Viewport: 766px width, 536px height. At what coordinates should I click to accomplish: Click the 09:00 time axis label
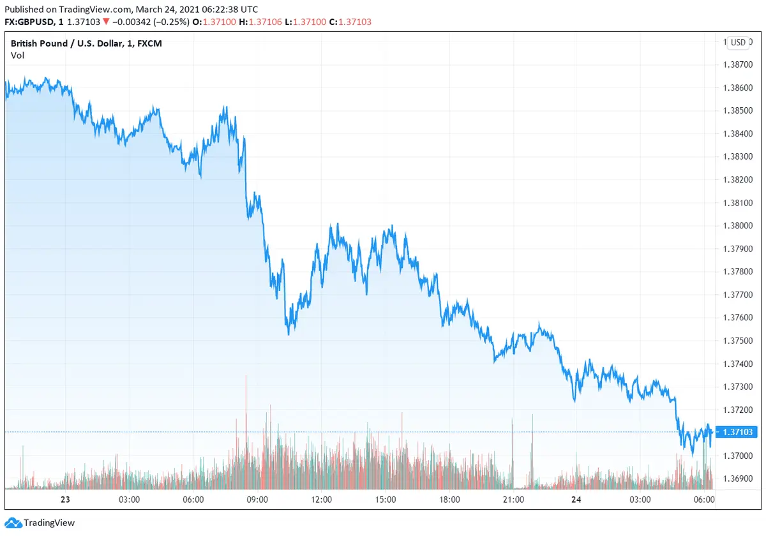pos(257,500)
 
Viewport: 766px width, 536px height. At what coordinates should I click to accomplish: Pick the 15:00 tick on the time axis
pos(386,500)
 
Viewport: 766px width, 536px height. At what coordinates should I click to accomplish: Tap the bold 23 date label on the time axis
pos(64,500)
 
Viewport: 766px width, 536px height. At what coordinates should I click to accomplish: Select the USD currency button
pos(738,43)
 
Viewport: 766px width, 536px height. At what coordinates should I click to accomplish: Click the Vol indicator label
pos(17,56)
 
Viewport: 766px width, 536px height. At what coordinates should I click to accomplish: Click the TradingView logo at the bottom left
pos(41,523)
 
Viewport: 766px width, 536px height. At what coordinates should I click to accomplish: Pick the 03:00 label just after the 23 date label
pos(129,500)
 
